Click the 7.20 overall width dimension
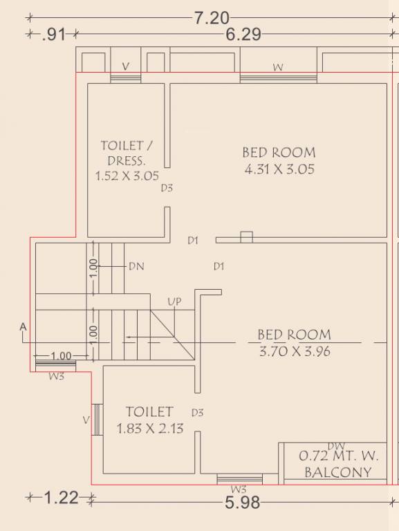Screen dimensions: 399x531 coord(212,17)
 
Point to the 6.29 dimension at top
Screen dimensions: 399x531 coord(243,34)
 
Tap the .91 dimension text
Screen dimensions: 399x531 coord(53,35)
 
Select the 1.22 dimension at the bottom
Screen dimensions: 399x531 coord(62,498)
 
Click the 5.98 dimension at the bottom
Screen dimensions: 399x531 coord(243,503)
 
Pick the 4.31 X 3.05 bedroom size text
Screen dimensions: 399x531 coord(279,169)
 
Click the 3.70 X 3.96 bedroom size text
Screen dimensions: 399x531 coord(295,351)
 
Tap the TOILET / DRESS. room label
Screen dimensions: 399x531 coord(127,153)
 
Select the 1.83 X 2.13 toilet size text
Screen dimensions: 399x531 coord(150,429)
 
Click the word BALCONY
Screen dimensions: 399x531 coord(338,472)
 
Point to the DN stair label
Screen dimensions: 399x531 coord(136,266)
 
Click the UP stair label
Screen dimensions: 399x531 coord(174,301)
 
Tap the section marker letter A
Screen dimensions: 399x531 coord(23,327)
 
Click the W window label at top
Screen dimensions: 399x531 coord(278,67)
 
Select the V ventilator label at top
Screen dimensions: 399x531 coord(125,66)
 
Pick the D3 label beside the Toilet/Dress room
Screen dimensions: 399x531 coord(167,188)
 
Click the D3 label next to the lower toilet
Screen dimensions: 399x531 coord(198,413)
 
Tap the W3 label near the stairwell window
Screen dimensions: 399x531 coord(57,376)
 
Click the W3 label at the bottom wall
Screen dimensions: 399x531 coord(239,489)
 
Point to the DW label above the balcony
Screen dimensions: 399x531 coord(336,447)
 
